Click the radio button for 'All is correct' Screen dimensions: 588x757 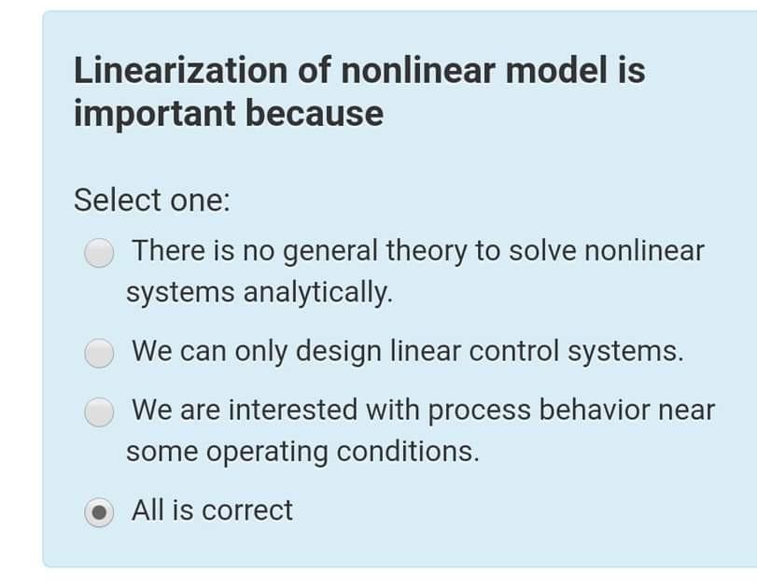point(99,511)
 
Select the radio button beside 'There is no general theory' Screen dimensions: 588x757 point(99,252)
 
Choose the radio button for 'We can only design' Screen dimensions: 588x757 point(99,353)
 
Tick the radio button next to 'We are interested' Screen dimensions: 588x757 point(99,412)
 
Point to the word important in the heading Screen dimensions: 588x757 point(153,114)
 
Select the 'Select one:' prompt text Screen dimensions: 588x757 point(151,200)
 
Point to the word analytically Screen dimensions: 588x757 point(317,292)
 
